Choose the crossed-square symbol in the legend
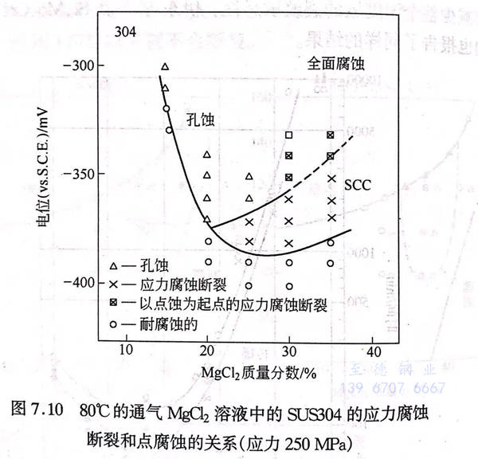(115, 304)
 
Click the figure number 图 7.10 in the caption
(33, 414)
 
